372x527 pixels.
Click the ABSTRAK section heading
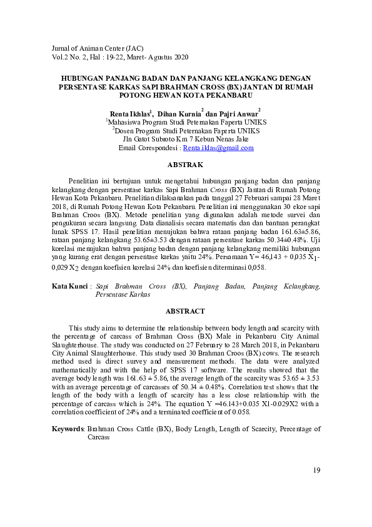click(186, 165)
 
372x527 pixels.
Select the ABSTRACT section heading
click(186, 311)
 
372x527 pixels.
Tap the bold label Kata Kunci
click(70, 286)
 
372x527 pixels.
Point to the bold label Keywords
click(68, 429)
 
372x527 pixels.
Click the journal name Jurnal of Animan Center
click(89, 48)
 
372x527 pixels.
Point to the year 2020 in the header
click(180, 57)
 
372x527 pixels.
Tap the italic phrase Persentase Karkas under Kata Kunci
click(122, 294)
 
